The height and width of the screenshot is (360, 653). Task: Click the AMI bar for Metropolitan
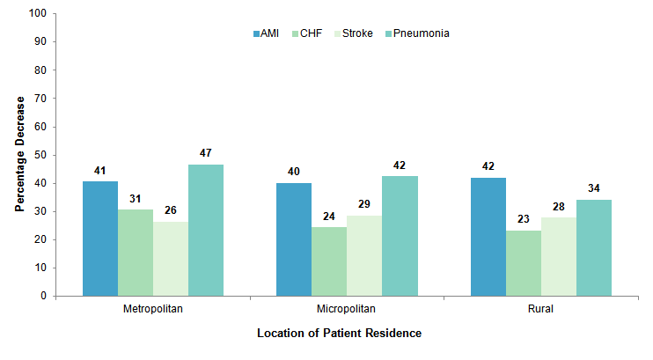pyautogui.click(x=100, y=239)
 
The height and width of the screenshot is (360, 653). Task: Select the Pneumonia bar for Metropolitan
pyautogui.click(x=206, y=230)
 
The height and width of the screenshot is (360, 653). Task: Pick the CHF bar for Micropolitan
pyautogui.click(x=329, y=261)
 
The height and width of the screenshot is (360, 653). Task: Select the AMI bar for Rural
pyautogui.click(x=488, y=237)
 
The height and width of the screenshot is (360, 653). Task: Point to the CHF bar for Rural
pyautogui.click(x=524, y=263)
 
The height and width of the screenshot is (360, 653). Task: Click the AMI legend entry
pyautogui.click(x=266, y=33)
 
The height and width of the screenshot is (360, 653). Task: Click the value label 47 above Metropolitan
pyautogui.click(x=206, y=153)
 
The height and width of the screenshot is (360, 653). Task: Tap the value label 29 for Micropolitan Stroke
pyautogui.click(x=364, y=204)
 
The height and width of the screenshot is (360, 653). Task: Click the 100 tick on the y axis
pyautogui.click(x=37, y=14)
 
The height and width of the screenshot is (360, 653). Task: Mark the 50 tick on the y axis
pyautogui.click(x=40, y=155)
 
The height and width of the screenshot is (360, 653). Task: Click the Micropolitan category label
pyautogui.click(x=347, y=310)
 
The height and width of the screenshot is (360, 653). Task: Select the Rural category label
pyautogui.click(x=541, y=310)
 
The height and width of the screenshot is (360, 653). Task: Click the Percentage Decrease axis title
pyautogui.click(x=18, y=155)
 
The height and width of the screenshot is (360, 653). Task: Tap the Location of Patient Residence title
pyautogui.click(x=339, y=334)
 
